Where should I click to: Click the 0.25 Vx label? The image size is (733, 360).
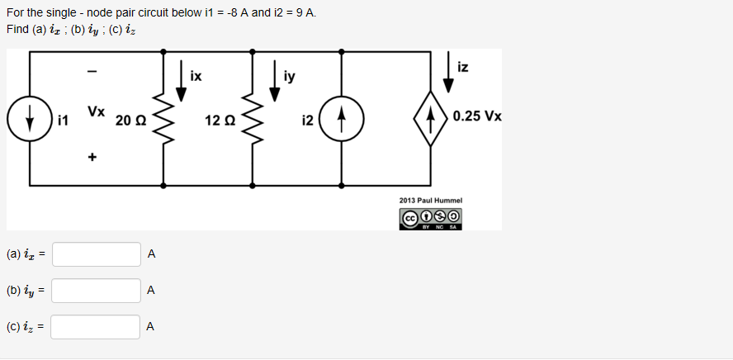click(477, 116)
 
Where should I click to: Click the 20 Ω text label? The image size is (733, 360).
click(131, 121)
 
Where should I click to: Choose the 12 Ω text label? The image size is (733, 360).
click(221, 121)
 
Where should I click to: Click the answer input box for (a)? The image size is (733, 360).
click(97, 254)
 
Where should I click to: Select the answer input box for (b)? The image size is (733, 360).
click(97, 291)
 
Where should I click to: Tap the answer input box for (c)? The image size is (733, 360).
click(97, 327)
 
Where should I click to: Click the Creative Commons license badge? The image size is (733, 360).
click(430, 218)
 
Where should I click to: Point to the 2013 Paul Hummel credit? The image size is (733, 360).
click(430, 201)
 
